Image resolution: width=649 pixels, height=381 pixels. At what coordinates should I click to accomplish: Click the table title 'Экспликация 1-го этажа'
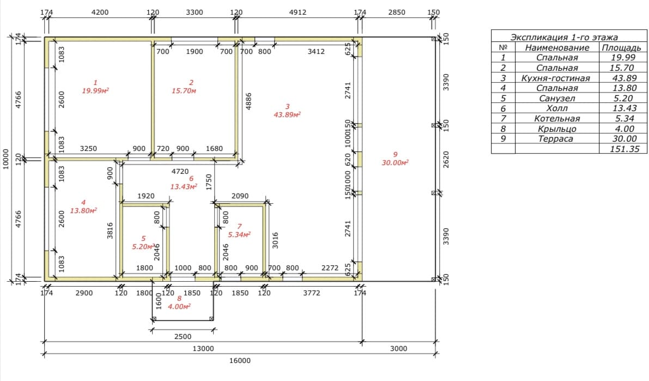[x=564, y=37]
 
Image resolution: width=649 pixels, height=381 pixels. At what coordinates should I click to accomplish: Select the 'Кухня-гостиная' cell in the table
[x=555, y=78]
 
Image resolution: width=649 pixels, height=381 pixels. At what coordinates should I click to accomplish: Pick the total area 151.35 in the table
[x=624, y=149]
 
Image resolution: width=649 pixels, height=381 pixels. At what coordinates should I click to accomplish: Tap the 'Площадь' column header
[x=621, y=47]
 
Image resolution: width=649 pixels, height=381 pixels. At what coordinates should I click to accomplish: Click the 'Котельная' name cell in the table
[x=557, y=118]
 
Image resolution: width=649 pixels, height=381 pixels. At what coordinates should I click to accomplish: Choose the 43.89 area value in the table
[x=624, y=78]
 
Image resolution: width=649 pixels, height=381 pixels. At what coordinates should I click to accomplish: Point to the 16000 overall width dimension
[x=240, y=360]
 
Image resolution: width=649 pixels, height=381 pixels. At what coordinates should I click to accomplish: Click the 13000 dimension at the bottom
[x=203, y=348]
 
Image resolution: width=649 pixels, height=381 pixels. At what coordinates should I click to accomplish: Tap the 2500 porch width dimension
[x=183, y=336]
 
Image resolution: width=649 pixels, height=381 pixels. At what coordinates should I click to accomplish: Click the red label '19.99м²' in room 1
[x=95, y=90]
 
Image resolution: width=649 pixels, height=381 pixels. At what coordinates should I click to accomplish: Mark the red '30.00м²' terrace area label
[x=395, y=163]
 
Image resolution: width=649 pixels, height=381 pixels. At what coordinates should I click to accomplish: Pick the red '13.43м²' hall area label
[x=183, y=187]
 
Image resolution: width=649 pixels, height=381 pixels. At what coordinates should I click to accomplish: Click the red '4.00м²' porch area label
[x=179, y=306]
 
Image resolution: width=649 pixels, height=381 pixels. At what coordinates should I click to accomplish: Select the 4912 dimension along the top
[x=298, y=12]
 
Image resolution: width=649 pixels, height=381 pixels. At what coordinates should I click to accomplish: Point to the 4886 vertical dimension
[x=248, y=101]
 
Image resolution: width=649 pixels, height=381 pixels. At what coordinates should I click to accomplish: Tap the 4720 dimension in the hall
[x=180, y=171]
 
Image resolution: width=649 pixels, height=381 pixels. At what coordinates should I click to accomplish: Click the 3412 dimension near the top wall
[x=316, y=51]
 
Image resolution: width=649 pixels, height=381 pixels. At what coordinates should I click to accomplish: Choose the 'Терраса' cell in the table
[x=555, y=139]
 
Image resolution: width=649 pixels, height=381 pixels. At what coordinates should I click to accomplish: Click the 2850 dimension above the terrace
[x=397, y=12]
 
